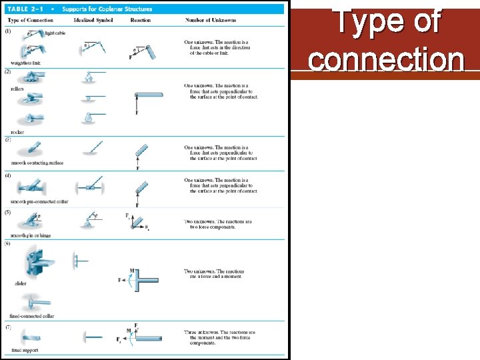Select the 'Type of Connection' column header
tap(26, 21)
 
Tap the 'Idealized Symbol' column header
tap(93, 21)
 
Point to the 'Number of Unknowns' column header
tap(207, 21)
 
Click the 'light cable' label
tap(55, 33)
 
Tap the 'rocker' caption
tap(17, 132)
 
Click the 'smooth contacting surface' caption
tap(37, 163)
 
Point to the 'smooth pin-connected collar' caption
tap(39, 201)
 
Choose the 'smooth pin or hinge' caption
tap(31, 235)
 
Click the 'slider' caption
tap(21, 283)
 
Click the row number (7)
tap(8, 327)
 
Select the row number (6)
tap(8, 243)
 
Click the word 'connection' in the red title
tap(386, 59)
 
